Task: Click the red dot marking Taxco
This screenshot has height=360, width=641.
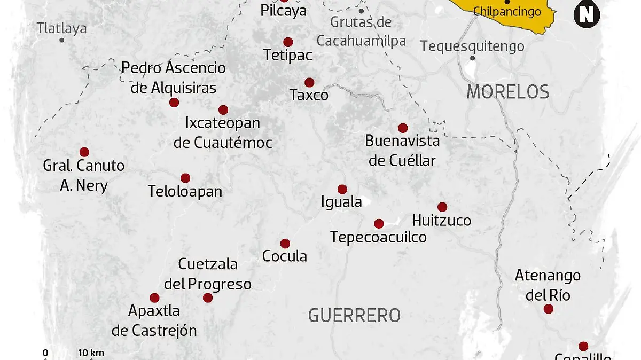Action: click(x=309, y=82)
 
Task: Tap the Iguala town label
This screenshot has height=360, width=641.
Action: click(x=341, y=202)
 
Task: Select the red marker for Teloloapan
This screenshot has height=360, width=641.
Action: click(x=185, y=178)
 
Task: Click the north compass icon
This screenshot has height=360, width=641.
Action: click(x=586, y=14)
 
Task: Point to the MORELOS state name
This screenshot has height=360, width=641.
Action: click(x=507, y=92)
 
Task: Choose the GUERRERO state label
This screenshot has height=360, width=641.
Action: click(x=354, y=316)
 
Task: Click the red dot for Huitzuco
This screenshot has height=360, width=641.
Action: click(x=442, y=207)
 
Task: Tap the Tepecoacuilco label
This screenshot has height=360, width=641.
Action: click(x=378, y=237)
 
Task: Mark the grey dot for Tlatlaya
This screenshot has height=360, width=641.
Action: click(x=62, y=40)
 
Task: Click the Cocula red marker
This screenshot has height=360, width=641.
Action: click(x=285, y=244)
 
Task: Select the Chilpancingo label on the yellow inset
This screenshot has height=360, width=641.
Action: click(x=507, y=12)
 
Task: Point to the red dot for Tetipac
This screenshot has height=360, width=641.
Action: click(x=288, y=42)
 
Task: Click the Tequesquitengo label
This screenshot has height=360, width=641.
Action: click(x=472, y=46)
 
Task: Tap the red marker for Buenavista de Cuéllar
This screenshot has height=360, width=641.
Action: click(x=403, y=128)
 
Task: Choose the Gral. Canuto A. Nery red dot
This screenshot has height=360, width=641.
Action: click(x=84, y=152)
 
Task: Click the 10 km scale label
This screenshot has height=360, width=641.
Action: click(x=91, y=353)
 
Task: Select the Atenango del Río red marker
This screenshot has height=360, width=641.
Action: click(x=548, y=309)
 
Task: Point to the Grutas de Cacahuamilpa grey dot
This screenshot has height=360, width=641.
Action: click(x=361, y=11)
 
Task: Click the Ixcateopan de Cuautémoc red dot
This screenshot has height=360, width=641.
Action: click(x=223, y=110)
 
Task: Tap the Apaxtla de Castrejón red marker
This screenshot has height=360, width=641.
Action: click(x=154, y=298)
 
